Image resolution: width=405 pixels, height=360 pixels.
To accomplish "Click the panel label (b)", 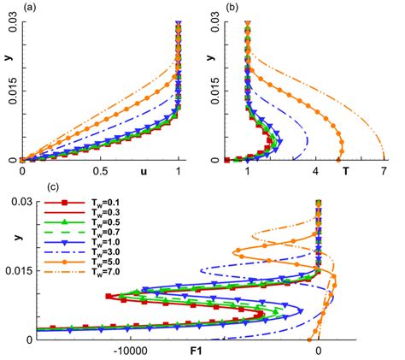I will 210,7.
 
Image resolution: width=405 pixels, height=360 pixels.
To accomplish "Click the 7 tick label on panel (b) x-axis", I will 384,171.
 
